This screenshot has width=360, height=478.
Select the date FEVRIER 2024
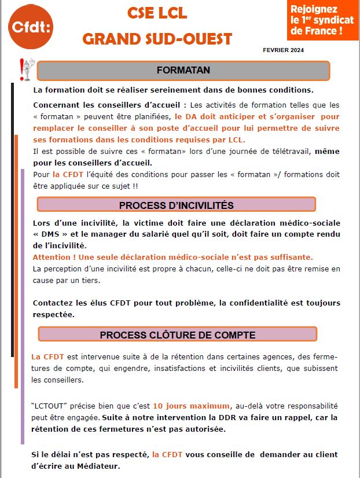click(283, 50)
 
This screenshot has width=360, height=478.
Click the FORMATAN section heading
click(183, 71)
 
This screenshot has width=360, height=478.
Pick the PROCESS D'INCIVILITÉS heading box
click(176, 205)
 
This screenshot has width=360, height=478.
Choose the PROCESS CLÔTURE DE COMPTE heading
click(177, 334)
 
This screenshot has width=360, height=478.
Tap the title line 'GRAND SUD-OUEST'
click(157, 39)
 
